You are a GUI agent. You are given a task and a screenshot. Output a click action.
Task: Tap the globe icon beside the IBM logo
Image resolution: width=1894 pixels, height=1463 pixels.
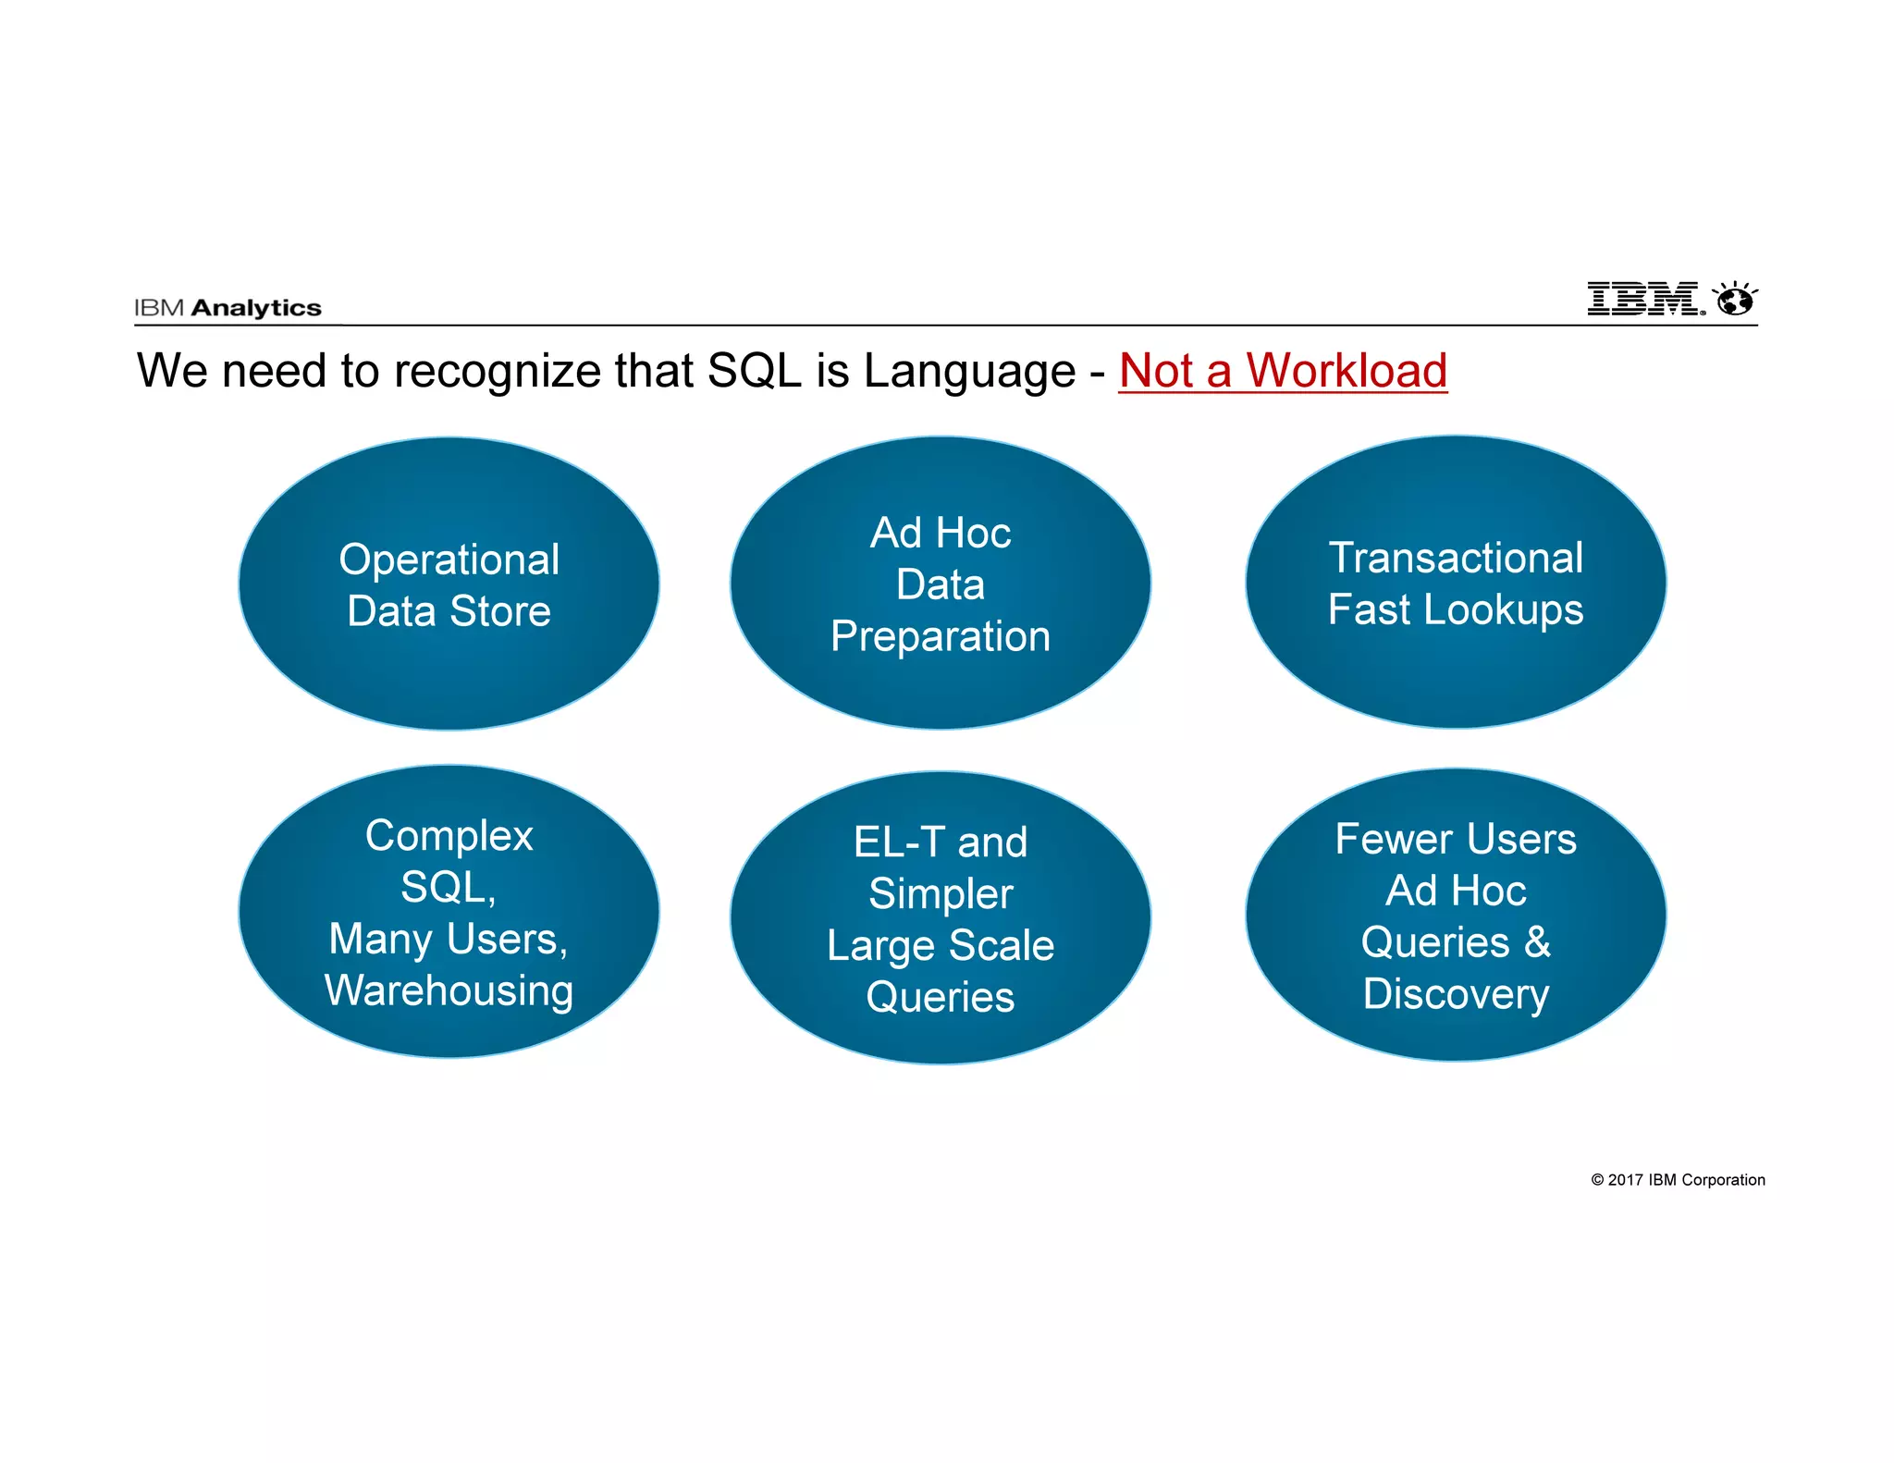click(x=1736, y=299)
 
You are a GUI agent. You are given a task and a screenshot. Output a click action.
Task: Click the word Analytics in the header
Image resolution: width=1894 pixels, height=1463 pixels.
click(x=256, y=308)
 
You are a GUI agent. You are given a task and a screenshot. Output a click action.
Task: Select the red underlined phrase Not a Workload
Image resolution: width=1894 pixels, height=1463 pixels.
click(x=1283, y=371)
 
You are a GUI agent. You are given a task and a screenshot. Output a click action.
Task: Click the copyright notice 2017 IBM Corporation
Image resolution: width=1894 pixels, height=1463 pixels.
click(x=1678, y=1180)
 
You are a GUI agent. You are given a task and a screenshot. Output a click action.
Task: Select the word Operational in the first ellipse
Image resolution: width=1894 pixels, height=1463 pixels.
click(x=449, y=559)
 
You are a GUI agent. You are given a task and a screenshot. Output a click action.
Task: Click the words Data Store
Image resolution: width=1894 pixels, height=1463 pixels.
click(x=449, y=611)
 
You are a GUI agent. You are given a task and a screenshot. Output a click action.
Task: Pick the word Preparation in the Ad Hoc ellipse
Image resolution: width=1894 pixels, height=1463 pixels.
click(x=941, y=637)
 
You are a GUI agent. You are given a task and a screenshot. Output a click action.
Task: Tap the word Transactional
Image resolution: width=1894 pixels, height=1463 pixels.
click(x=1456, y=558)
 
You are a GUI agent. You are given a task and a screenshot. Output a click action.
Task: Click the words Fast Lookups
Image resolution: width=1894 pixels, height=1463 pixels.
click(x=1456, y=610)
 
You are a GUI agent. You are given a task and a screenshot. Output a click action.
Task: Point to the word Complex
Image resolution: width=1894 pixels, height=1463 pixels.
click(x=449, y=836)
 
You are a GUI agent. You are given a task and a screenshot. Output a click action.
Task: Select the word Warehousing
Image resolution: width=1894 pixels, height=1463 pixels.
click(x=449, y=990)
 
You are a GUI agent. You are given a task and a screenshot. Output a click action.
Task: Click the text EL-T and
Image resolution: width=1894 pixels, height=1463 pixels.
click(x=941, y=842)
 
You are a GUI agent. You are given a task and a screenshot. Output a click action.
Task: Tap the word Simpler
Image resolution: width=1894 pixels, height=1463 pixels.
click(x=941, y=894)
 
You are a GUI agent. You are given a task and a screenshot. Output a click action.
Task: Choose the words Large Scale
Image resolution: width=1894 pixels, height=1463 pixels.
click(x=941, y=946)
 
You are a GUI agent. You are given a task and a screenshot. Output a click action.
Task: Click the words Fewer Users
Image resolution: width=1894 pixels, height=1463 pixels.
click(x=1456, y=840)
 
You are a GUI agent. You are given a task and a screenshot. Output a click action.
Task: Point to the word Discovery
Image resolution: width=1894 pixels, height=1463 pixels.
click(x=1456, y=994)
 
